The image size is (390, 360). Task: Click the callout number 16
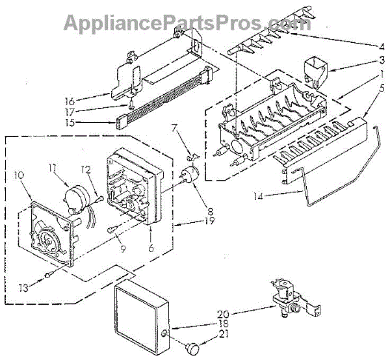pos(106,100)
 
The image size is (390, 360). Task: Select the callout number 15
pos(106,121)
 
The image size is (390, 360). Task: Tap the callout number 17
pos(106,110)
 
